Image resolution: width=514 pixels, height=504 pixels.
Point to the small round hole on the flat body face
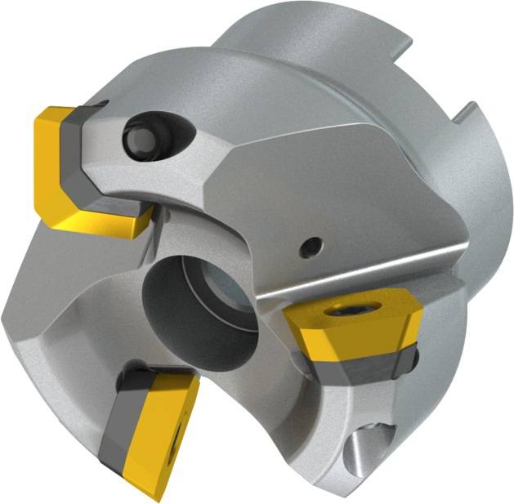pos(309,243)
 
